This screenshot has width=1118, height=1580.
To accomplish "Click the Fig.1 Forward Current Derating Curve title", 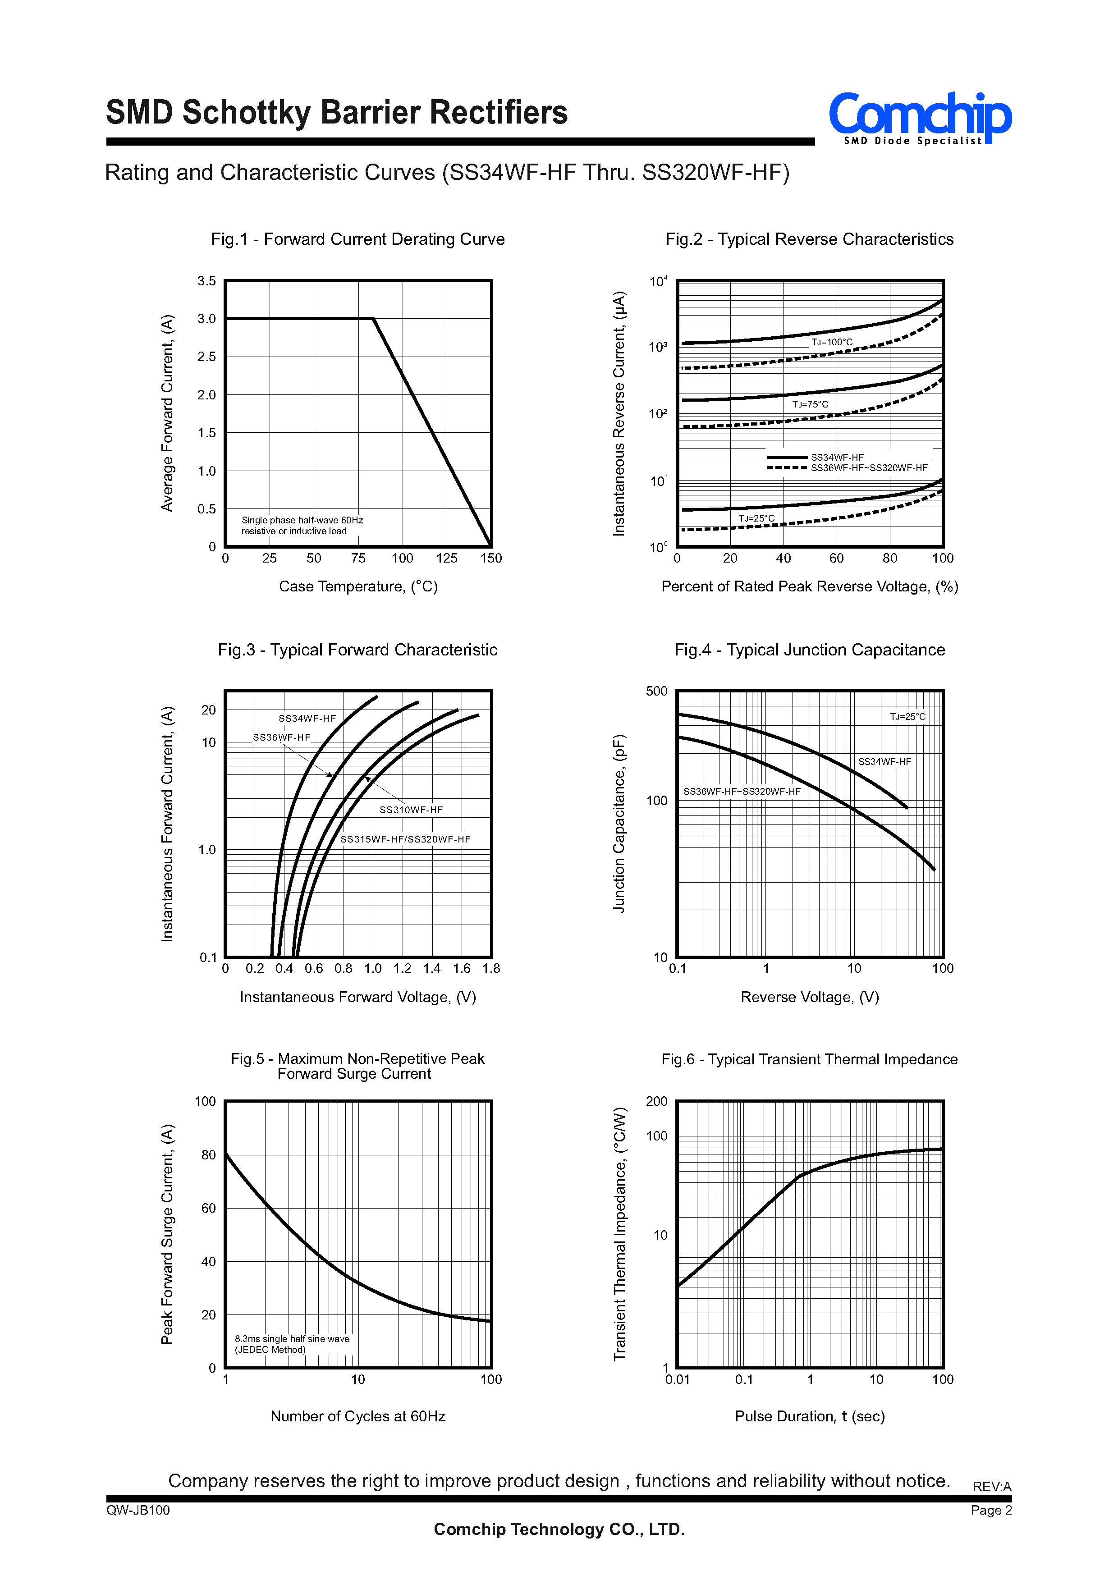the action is [x=358, y=239].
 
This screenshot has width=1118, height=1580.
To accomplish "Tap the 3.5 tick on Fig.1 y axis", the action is [x=206, y=281].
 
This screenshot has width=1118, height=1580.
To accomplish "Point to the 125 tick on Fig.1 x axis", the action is [x=447, y=559].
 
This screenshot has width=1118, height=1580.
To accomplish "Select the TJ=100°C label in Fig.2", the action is [x=832, y=342].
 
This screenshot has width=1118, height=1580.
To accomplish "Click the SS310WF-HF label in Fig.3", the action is [x=411, y=810].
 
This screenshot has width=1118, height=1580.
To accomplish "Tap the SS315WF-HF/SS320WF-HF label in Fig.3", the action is [x=405, y=839].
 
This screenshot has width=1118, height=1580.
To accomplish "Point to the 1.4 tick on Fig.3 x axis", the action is [x=431, y=969].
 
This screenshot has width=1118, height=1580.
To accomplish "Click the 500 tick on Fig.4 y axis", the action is [x=657, y=691].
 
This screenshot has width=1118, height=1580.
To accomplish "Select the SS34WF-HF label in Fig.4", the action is [x=884, y=761].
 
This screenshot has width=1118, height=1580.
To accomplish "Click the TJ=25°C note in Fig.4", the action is [x=908, y=717].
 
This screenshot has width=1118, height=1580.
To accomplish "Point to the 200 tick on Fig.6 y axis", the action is [x=657, y=1102].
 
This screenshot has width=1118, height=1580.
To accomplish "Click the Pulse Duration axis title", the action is [x=810, y=1416].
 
